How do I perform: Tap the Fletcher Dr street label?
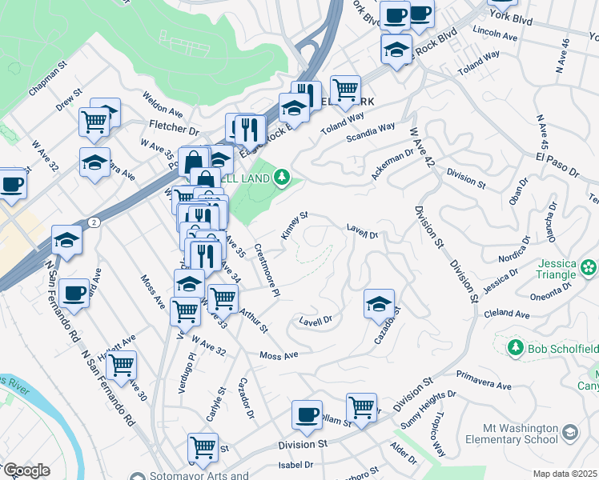173,126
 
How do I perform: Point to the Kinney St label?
294,225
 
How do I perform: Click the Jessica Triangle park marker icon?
589,266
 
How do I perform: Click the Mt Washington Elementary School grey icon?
569,433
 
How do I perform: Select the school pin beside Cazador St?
379,302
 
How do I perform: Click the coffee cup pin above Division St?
307,414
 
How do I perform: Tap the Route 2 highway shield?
94,223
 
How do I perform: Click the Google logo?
26,470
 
